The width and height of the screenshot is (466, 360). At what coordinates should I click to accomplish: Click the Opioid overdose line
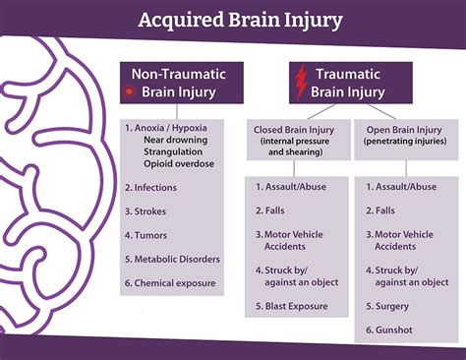176,162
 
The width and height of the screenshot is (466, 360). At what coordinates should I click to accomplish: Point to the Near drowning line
174,139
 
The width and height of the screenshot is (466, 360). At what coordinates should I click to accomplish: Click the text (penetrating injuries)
406,140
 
